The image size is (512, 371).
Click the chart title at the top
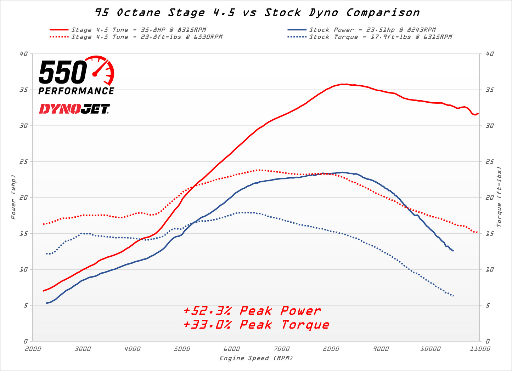257,13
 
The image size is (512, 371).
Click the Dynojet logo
74,109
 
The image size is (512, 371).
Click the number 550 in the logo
63,73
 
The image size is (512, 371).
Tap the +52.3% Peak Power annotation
252,311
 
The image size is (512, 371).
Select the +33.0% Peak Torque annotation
256,325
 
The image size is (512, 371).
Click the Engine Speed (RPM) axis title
256,358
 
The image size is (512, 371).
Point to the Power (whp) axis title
13,197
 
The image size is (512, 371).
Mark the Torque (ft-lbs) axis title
499,197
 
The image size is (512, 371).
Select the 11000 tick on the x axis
480,349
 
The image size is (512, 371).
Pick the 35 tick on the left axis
23,90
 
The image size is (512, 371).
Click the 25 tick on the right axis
490,162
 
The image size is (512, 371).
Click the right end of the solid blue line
453,251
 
